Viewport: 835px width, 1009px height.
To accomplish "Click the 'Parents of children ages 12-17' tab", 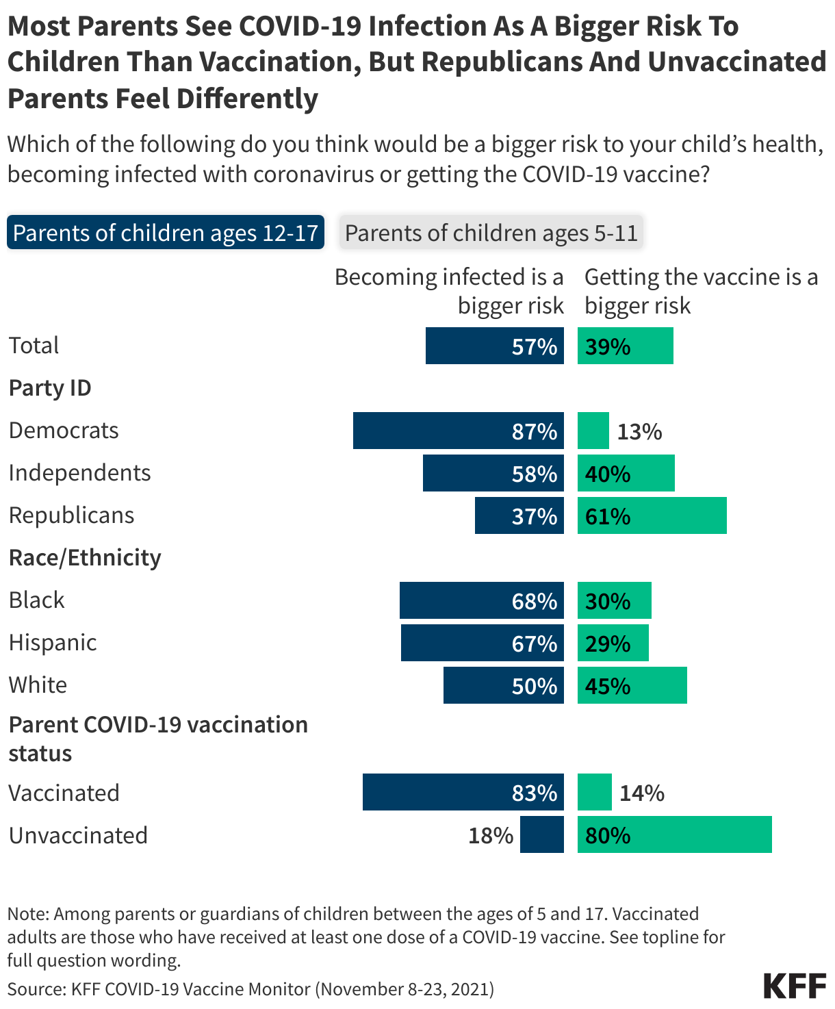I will (165, 233).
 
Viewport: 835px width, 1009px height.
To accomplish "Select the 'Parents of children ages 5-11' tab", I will (491, 233).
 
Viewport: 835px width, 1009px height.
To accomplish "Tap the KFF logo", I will (795, 986).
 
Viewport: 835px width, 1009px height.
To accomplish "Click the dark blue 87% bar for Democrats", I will (458, 431).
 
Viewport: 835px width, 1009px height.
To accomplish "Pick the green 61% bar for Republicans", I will (652, 515).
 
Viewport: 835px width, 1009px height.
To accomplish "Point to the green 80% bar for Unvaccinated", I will (674, 834).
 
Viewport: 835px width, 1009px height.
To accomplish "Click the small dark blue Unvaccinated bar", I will (541, 834).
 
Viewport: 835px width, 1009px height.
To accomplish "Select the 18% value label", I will (491, 836).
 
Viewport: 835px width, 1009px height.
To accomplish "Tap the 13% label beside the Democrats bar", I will (639, 432).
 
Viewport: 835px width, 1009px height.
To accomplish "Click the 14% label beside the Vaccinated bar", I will (642, 793).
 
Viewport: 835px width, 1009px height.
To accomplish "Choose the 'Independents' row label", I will (79, 473).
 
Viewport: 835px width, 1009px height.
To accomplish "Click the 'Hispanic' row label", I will (53, 643).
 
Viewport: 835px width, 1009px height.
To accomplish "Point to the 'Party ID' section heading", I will (50, 388).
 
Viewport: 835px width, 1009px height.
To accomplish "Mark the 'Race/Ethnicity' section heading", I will (85, 558).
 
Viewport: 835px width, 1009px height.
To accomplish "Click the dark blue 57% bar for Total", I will (494, 346).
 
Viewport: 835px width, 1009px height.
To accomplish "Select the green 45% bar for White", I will (632, 685).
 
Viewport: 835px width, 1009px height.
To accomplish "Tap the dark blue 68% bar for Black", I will (481, 600).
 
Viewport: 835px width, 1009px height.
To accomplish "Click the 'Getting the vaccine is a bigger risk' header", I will (701, 291).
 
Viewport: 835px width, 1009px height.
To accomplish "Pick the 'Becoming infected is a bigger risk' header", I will (449, 291).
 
